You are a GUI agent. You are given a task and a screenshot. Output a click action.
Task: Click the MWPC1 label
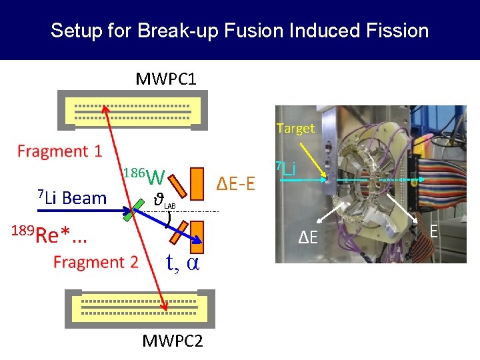(x=166, y=80)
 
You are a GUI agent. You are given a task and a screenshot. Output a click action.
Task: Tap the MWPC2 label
(x=173, y=341)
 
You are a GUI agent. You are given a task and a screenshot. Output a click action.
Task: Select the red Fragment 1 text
(x=60, y=151)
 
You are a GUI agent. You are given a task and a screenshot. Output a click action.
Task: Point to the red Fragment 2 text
(x=96, y=262)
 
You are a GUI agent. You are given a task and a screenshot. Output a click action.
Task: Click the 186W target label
(x=144, y=177)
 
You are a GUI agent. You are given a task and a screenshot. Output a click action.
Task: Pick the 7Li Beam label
(x=72, y=198)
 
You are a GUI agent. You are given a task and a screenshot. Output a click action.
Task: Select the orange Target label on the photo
(x=295, y=129)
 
